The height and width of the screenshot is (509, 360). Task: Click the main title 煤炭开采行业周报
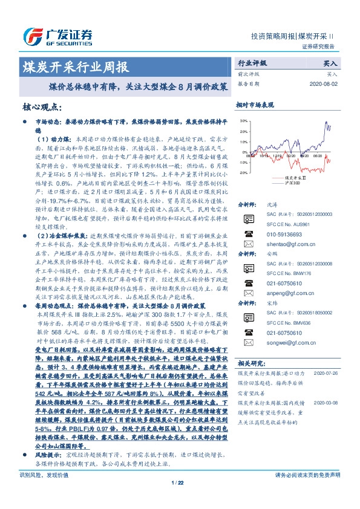point(75,66)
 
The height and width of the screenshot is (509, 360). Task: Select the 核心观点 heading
point(43,107)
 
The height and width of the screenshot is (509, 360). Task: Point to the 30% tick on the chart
point(243,122)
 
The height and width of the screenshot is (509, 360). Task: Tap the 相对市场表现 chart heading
point(255,105)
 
